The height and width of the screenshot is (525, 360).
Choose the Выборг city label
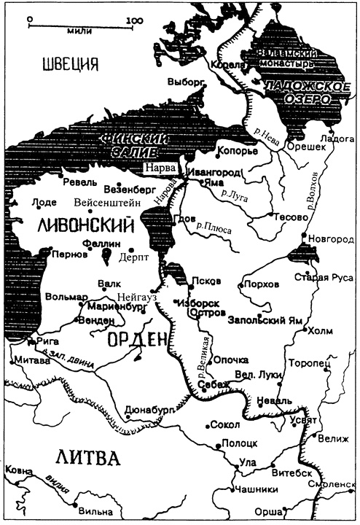(184, 81)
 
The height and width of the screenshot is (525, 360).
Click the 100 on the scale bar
(133, 20)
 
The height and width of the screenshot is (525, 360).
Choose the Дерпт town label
(132, 257)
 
